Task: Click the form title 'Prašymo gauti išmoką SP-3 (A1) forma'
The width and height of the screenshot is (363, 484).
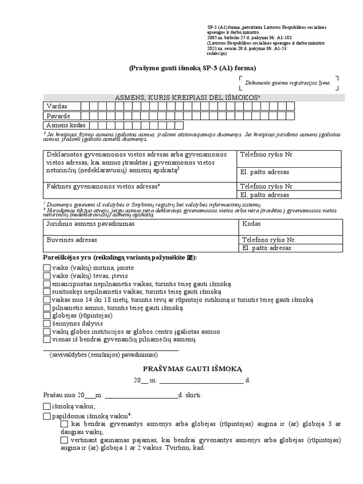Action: pyautogui.click(x=192, y=68)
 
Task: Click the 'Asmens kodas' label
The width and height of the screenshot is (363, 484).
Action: pyautogui.click(x=66, y=125)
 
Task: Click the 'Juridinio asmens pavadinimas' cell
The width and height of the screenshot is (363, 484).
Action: pyautogui.click(x=90, y=224)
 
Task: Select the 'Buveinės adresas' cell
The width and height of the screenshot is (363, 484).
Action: pyautogui.click(x=72, y=240)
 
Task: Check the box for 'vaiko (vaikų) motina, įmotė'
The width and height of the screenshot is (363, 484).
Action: pyautogui.click(x=46, y=268)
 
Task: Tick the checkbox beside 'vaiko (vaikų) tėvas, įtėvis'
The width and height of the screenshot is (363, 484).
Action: pyautogui.click(x=46, y=276)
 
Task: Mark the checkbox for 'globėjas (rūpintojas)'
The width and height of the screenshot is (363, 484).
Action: pyautogui.click(x=46, y=316)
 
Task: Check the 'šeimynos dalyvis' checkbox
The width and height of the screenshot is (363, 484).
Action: pyautogui.click(x=46, y=324)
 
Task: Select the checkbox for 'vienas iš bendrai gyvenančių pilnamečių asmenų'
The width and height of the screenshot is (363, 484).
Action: pyautogui.click(x=46, y=339)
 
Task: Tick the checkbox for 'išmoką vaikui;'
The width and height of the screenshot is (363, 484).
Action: pyautogui.click(x=46, y=406)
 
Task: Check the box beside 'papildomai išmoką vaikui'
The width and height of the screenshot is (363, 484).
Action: pyautogui.click(x=46, y=416)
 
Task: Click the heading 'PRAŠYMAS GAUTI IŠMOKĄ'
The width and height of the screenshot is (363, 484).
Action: pyautogui.click(x=192, y=369)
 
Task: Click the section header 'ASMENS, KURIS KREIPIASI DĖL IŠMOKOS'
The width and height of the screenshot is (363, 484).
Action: pyautogui.click(x=188, y=97)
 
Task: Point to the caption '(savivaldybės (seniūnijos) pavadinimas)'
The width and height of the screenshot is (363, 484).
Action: pyautogui.click(x=104, y=355)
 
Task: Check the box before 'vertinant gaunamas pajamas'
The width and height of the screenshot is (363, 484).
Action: pyautogui.click(x=64, y=440)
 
